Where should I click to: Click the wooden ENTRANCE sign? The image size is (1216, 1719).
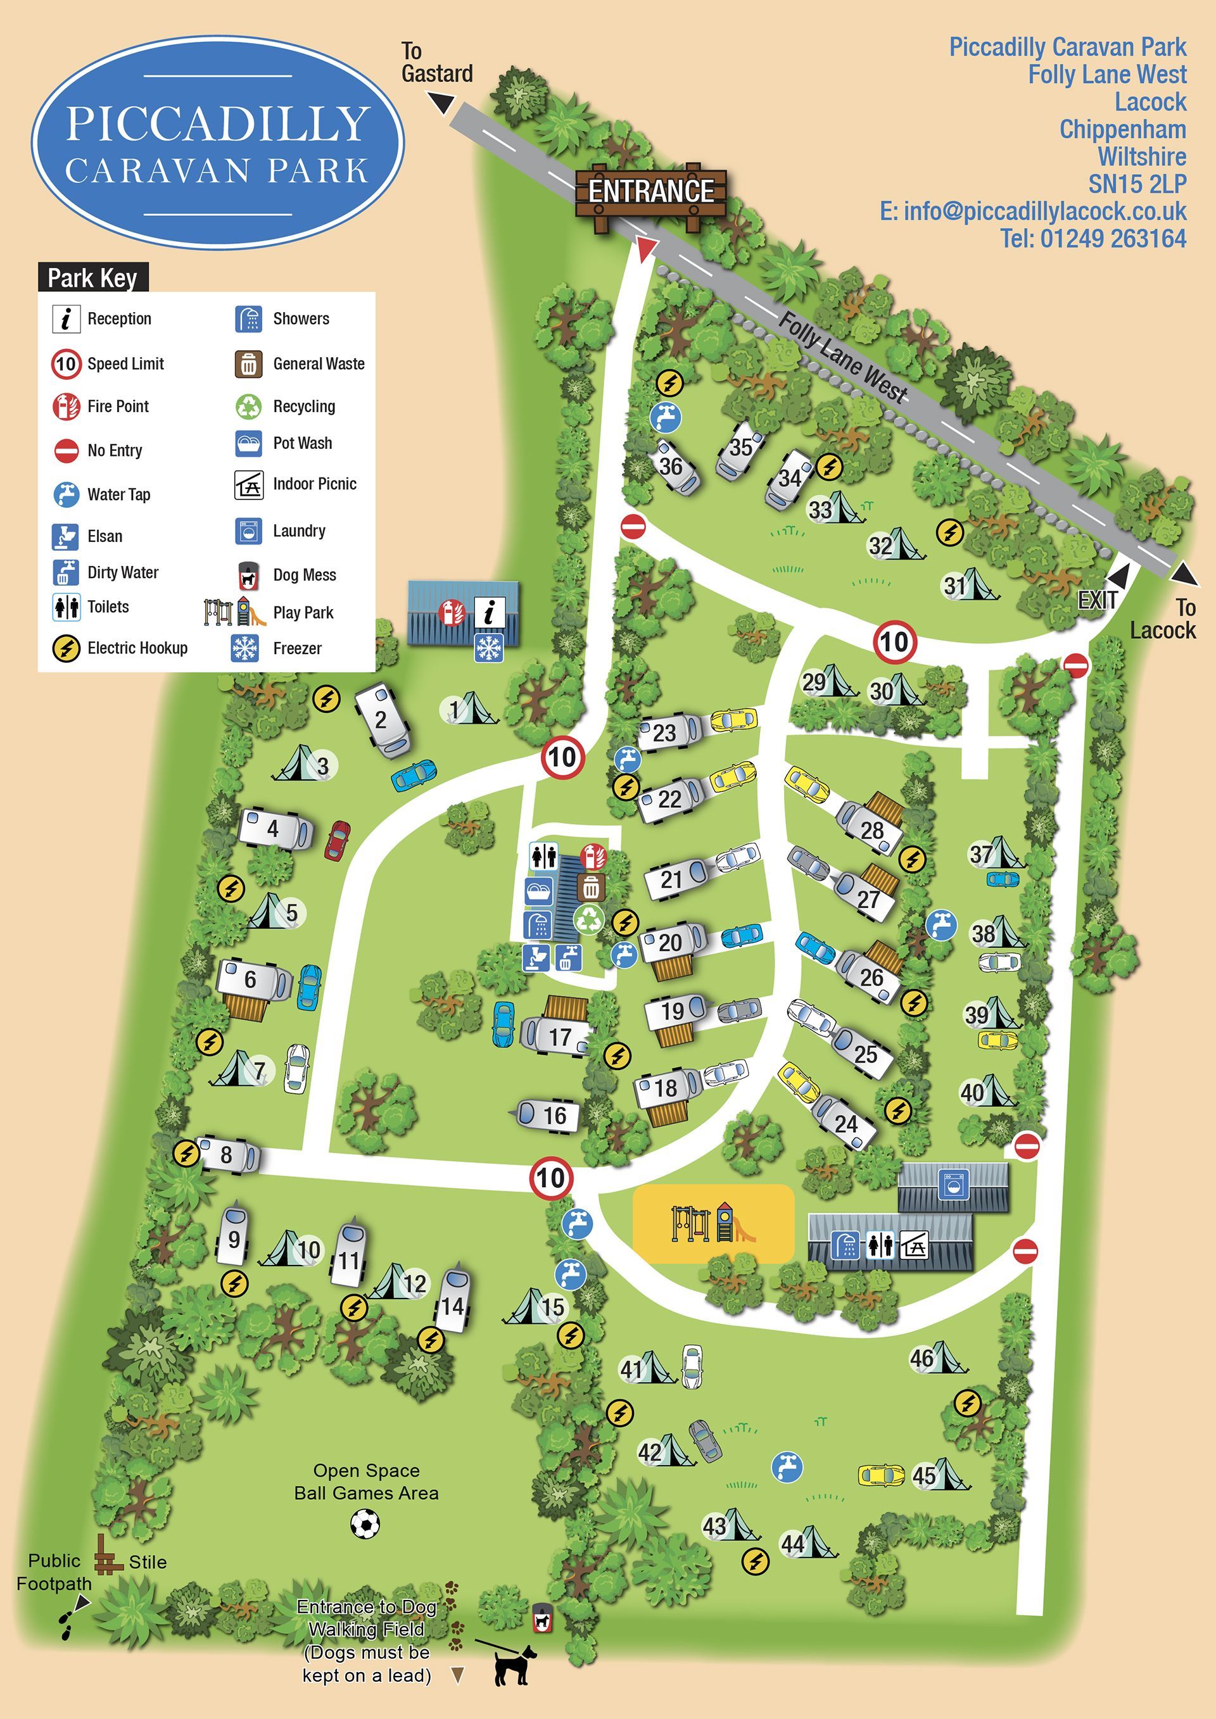[x=650, y=192]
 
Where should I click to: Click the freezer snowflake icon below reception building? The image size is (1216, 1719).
[x=488, y=648]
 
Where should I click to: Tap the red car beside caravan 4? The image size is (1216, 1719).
[x=337, y=840]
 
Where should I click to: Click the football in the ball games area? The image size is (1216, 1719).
[x=365, y=1523]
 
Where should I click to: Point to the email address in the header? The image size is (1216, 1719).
[x=1034, y=212]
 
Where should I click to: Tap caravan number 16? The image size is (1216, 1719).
[x=547, y=1116]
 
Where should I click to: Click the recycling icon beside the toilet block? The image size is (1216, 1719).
[x=588, y=919]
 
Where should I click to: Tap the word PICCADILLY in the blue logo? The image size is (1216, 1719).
[x=218, y=123]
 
